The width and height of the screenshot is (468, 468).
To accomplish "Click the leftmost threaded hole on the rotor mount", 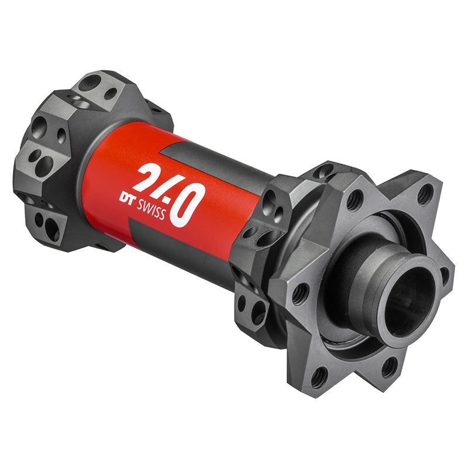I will pos(300,292).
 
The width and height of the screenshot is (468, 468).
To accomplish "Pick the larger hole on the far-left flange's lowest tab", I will pos(51,228).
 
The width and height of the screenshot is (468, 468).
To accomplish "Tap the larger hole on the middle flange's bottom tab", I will pos(258,314).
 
